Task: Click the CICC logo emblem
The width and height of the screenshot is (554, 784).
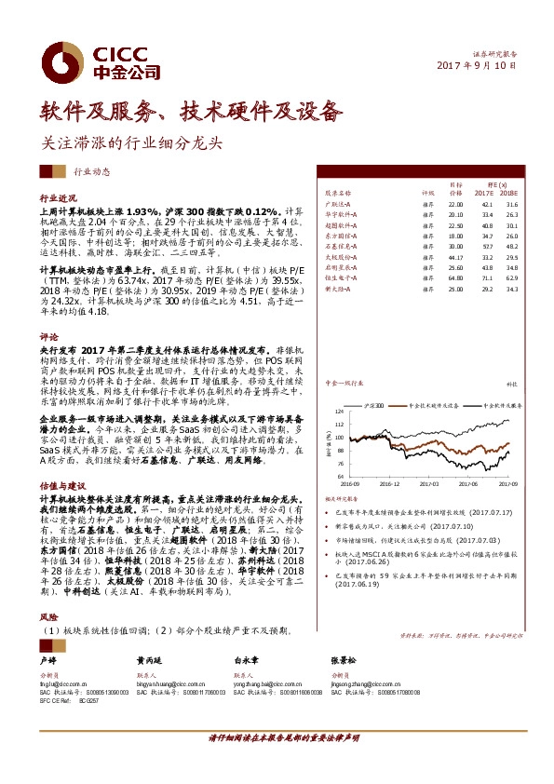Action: click(x=64, y=55)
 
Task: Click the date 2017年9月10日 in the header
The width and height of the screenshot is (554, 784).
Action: click(x=476, y=65)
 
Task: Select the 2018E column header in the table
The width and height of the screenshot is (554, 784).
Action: click(x=510, y=193)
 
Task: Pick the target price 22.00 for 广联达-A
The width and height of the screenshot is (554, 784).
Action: click(x=454, y=204)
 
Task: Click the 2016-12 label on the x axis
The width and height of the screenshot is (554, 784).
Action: click(x=389, y=484)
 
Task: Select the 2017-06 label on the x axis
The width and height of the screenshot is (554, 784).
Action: click(x=468, y=484)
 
